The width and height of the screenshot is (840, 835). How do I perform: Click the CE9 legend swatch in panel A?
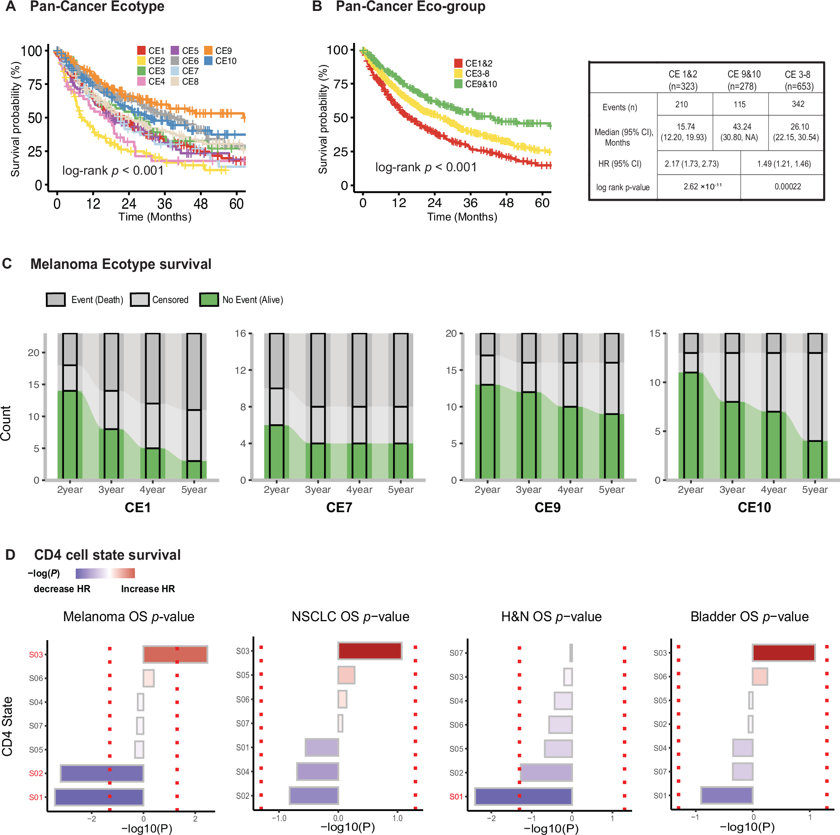tap(208, 51)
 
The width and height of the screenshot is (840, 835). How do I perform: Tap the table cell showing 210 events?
tap(681, 104)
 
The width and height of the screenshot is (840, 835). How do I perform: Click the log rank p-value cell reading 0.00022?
tap(787, 186)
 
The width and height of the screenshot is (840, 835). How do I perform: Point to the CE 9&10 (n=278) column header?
tap(744, 80)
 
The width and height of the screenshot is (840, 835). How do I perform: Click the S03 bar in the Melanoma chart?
tap(175, 654)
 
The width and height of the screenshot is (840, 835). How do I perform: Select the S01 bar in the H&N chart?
tap(524, 796)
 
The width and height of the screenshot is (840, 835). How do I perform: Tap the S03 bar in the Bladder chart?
tap(784, 653)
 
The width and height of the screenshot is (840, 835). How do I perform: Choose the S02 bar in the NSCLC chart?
tap(314, 795)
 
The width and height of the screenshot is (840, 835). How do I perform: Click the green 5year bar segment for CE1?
tap(194, 470)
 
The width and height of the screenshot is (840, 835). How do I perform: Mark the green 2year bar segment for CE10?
tap(691, 426)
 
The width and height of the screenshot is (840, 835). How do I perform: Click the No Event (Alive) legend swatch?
tap(209, 300)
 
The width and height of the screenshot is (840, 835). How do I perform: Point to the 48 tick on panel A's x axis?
tap(200, 204)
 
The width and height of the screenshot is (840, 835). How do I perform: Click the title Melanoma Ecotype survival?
tap(121, 264)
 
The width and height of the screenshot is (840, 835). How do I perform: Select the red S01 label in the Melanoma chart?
tap(36, 797)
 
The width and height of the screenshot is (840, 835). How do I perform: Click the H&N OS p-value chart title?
tap(551, 617)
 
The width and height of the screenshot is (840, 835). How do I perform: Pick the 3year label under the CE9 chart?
tap(529, 490)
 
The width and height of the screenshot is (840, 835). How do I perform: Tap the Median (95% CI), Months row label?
tap(622, 137)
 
